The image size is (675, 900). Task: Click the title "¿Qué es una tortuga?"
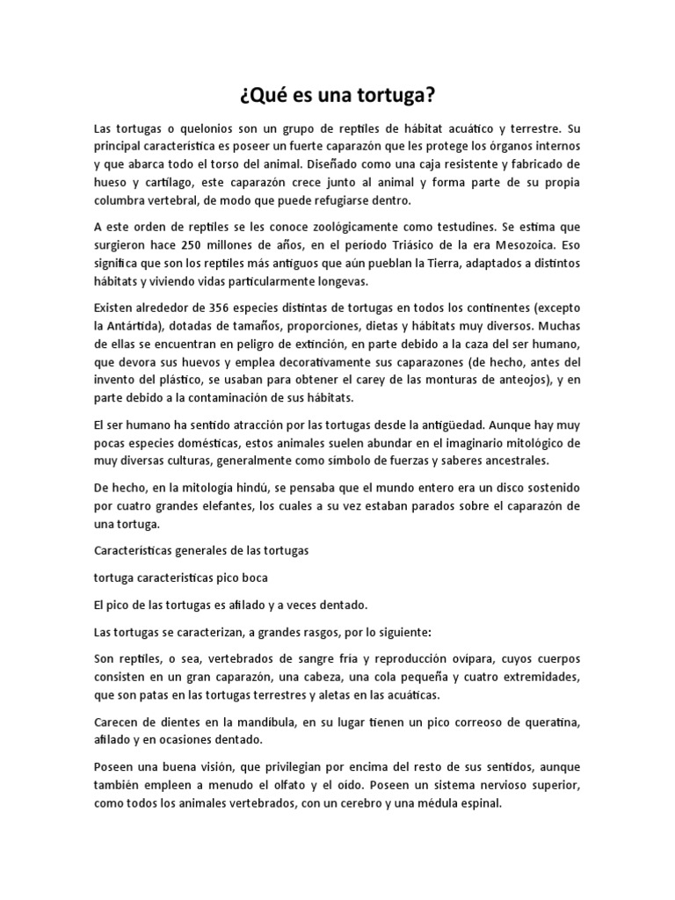tap(337, 94)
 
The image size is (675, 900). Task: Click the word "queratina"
tap(549, 722)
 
